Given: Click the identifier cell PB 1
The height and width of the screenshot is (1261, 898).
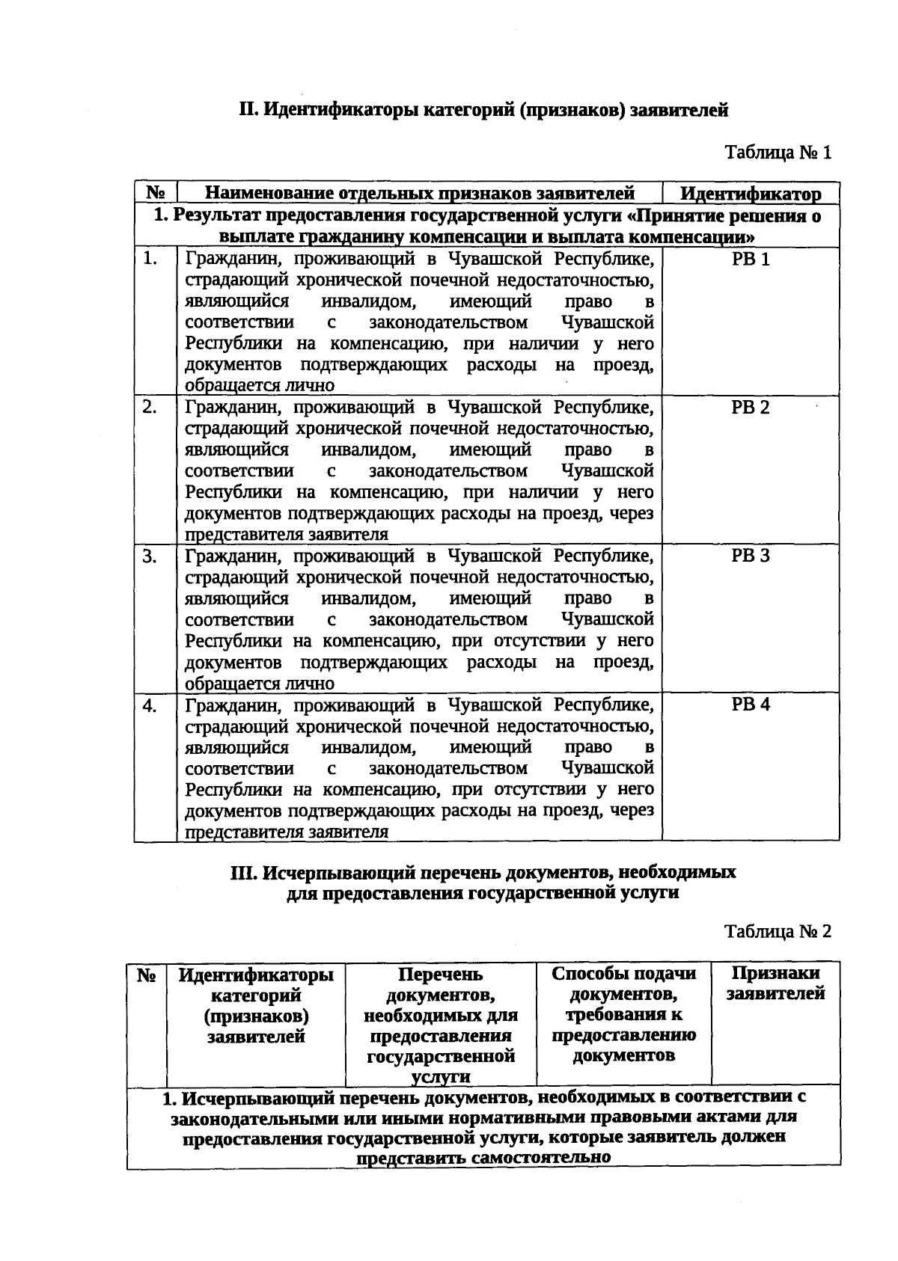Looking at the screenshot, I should click(750, 260).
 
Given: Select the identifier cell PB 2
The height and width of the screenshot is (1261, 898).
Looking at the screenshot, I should click(750, 408).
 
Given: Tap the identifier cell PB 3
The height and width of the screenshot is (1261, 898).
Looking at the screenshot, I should click(750, 556).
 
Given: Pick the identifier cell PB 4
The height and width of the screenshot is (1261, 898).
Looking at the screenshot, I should click(750, 705).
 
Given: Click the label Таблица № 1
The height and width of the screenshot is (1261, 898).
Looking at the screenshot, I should click(778, 153).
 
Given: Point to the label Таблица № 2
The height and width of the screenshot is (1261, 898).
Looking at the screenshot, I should click(778, 932).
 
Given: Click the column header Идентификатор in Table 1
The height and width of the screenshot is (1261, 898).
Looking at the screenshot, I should click(751, 194).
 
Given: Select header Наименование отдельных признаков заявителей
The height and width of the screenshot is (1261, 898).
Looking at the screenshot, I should click(420, 194).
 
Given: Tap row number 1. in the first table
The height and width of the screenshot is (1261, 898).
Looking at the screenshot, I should click(150, 259).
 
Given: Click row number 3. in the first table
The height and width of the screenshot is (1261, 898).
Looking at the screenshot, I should click(150, 556).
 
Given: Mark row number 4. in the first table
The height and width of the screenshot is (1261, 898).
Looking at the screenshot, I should click(150, 705).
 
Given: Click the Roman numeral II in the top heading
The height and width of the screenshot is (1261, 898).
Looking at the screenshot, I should click(248, 111).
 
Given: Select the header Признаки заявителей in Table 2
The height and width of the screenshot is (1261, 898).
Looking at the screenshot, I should click(775, 984).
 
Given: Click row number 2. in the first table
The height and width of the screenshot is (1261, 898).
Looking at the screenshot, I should click(150, 408).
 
